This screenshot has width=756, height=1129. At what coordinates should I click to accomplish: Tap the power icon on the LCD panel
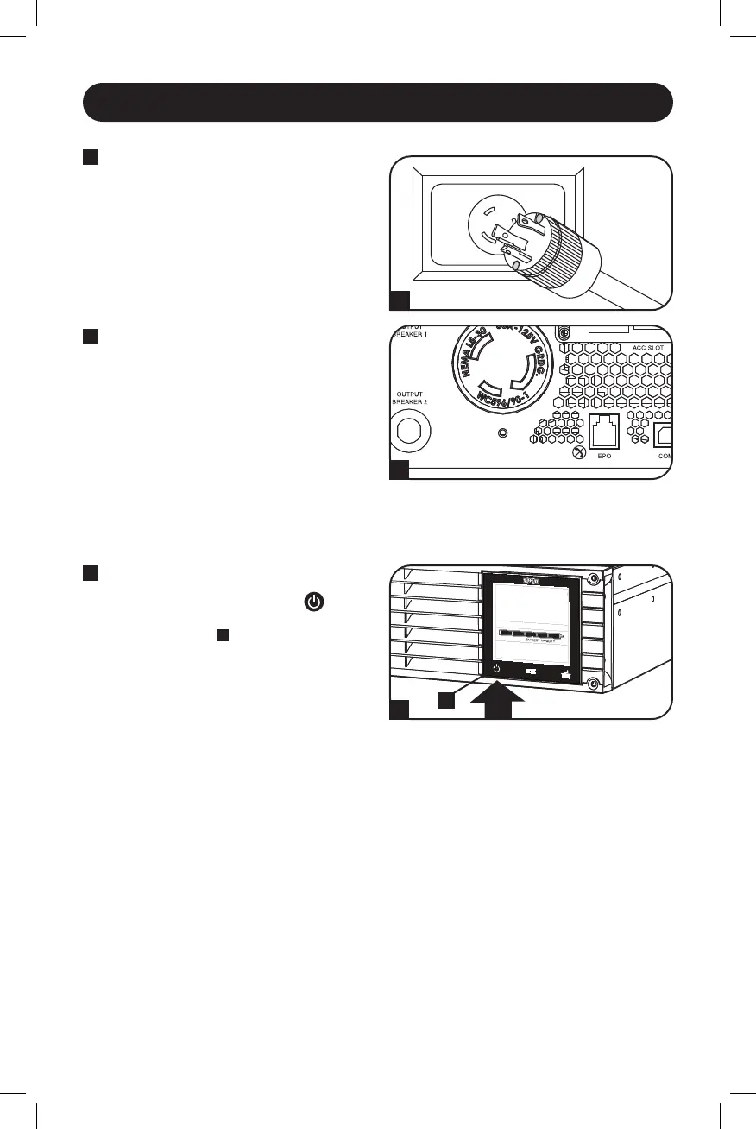click(x=497, y=668)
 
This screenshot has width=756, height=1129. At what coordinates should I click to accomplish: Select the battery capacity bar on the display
click(x=530, y=634)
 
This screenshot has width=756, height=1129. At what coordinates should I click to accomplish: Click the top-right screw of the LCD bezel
click(x=592, y=577)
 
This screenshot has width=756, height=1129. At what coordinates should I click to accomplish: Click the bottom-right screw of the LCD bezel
click(x=592, y=684)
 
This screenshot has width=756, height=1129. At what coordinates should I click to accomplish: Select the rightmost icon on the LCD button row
click(x=567, y=669)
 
